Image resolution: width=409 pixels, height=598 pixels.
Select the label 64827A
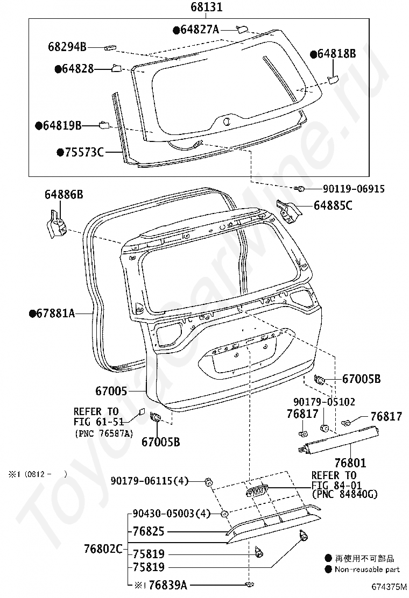[199, 30]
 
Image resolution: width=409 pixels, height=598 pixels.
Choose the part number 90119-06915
[354, 189]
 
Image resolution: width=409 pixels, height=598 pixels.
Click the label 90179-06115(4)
[150, 481]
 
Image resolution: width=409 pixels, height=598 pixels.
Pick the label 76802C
[103, 549]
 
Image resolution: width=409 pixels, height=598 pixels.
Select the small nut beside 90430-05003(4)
[224, 514]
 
